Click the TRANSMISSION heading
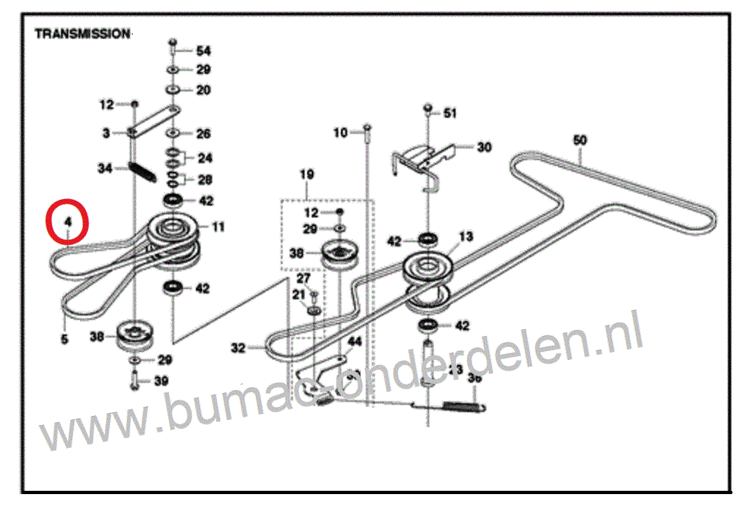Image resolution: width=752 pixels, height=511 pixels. [82, 34]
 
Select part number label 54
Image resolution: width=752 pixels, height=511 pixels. [203, 50]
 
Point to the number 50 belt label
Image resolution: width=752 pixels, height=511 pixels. [579, 140]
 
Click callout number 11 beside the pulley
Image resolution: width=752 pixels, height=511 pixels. [218, 227]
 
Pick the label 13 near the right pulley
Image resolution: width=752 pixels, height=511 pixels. [466, 236]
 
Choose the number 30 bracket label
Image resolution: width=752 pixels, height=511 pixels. [484, 147]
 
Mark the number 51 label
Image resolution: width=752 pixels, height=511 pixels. [450, 114]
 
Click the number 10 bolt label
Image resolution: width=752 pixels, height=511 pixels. [340, 133]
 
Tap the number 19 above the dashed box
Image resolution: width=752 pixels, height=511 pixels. [306, 174]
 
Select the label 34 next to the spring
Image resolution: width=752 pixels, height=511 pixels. [105, 169]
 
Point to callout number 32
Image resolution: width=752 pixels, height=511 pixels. [238, 349]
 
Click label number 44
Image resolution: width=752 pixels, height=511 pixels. [354, 341]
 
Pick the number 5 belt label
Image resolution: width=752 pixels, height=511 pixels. [64, 338]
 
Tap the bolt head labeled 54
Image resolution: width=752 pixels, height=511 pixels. [173, 44]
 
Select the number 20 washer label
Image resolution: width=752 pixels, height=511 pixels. [203, 90]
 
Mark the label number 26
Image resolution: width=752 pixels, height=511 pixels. [203, 134]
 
